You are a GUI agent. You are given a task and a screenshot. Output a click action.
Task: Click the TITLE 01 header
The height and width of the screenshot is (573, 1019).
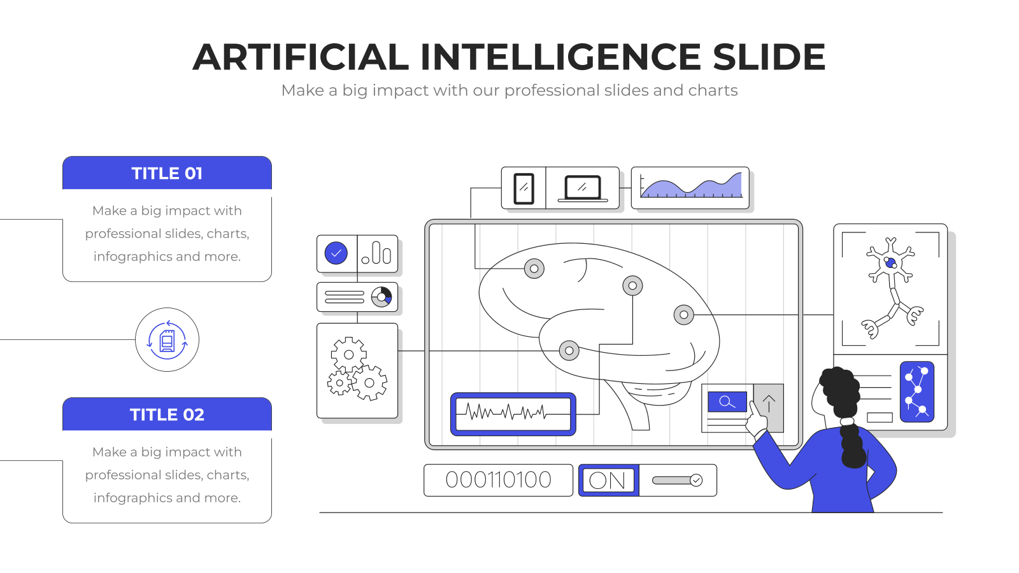[x=167, y=173]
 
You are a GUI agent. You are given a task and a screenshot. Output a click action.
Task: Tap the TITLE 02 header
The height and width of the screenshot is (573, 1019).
[x=167, y=414]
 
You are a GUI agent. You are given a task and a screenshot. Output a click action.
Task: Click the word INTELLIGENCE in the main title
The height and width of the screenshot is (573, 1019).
[x=560, y=57]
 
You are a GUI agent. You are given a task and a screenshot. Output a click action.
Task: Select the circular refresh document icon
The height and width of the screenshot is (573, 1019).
[x=167, y=340]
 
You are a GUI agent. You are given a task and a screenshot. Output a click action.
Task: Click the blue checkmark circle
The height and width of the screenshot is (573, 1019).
[x=336, y=253]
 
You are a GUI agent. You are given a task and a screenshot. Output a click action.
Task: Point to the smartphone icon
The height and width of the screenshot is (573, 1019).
[x=524, y=188]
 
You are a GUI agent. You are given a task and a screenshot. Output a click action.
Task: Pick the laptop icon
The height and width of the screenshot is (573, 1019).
[x=583, y=188]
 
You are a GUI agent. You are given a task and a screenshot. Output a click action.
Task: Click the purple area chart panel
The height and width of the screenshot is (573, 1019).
[x=690, y=188]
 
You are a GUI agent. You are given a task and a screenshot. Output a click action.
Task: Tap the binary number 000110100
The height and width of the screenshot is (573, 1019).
[x=498, y=480]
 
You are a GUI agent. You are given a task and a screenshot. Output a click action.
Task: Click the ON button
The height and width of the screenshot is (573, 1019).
[x=609, y=480]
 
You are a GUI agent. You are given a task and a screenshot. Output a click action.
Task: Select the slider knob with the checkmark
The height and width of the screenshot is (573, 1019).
[x=696, y=480]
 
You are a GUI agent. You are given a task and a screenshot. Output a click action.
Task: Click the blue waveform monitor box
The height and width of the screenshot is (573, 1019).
[x=513, y=414]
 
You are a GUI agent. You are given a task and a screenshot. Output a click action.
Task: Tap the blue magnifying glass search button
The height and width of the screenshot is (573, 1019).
[x=727, y=402]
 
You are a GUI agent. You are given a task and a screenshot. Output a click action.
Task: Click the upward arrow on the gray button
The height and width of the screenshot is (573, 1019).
[x=769, y=404]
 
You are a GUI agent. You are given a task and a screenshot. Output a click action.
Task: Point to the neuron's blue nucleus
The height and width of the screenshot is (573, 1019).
[x=890, y=263]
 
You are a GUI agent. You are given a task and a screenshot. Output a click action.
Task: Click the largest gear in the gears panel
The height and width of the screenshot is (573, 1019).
[x=369, y=383]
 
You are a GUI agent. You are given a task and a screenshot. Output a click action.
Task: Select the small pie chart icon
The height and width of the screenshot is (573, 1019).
[x=381, y=297]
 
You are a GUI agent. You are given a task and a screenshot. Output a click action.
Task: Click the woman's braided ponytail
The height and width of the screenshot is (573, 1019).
[x=853, y=443]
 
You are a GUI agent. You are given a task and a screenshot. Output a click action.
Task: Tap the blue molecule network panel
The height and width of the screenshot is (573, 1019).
[x=917, y=392]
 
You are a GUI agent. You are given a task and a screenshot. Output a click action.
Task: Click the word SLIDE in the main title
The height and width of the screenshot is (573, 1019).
[x=769, y=57]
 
